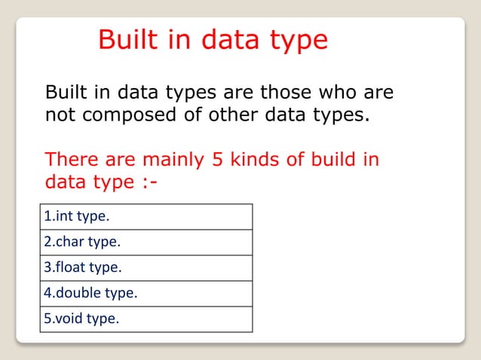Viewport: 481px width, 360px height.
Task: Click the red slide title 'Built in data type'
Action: pos(213,40)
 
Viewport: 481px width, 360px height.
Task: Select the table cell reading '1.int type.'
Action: pos(146,217)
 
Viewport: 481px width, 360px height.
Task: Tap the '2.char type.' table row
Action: pos(146,243)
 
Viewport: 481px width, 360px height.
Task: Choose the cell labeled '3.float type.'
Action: pos(146,267)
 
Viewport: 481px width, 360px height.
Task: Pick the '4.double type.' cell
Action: pos(146,293)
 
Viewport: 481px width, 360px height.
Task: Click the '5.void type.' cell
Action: pos(146,319)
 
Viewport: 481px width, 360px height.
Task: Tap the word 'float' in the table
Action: pos(71,267)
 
